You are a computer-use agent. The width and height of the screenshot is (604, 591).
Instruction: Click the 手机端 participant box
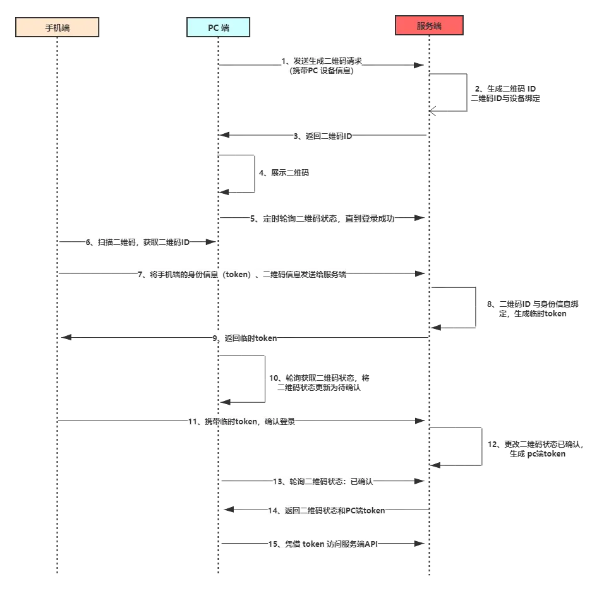57,27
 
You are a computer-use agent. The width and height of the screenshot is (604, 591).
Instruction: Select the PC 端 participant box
218,27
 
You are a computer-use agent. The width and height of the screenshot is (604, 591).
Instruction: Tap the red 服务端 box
429,25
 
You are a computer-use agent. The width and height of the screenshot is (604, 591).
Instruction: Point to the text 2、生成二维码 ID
505,88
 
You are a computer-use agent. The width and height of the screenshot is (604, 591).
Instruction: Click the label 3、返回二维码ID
323,136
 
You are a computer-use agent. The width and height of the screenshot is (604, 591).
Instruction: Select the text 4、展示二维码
284,173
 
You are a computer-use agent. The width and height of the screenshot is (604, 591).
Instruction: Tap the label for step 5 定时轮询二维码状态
322,218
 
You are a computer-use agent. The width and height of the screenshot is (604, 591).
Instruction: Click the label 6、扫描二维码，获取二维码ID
138,242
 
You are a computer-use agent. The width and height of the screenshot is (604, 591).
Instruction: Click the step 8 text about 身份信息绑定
533,309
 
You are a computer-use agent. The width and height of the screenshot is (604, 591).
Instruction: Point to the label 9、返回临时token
245,338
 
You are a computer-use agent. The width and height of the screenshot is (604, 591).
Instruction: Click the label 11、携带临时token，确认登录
241,422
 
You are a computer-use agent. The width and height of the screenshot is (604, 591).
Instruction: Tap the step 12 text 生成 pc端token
538,454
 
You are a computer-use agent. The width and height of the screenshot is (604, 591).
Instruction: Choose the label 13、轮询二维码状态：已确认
323,481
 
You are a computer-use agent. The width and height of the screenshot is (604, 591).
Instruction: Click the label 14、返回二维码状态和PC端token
327,511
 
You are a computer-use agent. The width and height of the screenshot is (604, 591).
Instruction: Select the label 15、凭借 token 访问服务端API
323,544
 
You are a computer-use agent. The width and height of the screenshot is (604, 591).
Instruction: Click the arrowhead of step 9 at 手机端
66,337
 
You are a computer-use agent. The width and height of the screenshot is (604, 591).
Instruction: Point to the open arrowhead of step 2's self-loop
433,111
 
